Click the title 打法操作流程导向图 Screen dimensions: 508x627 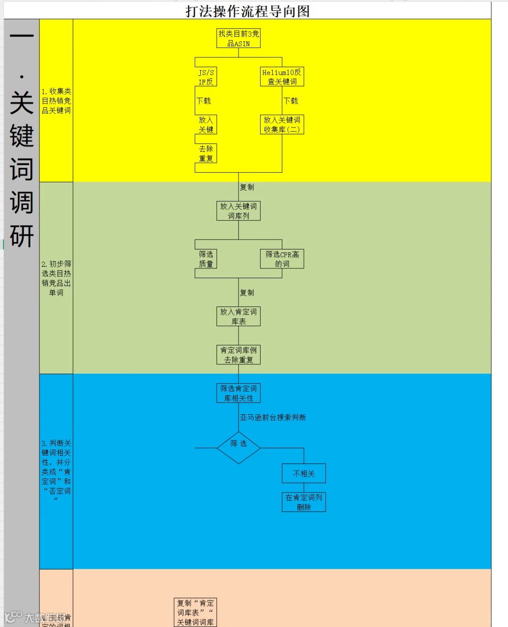click(x=247, y=11)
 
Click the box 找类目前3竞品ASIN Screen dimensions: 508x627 click(x=238, y=38)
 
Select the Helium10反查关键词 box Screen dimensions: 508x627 click(x=282, y=77)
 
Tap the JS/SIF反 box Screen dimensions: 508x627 click(x=206, y=77)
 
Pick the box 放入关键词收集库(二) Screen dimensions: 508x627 click(x=282, y=125)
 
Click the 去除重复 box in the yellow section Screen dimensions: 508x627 click(x=206, y=153)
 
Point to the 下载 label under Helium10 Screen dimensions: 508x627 click(x=291, y=101)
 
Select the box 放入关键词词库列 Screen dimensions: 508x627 click(x=238, y=211)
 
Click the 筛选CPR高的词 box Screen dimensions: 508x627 click(x=282, y=259)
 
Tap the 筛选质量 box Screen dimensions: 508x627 click(x=206, y=259)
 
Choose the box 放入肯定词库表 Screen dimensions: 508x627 click(x=238, y=316)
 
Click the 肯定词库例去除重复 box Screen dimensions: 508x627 click(x=238, y=355)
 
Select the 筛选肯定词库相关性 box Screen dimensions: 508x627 click(x=238, y=393)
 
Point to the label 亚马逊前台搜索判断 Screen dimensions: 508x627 click(x=273, y=418)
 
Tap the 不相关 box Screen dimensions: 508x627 click(x=304, y=474)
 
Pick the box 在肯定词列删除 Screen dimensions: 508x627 click(x=304, y=502)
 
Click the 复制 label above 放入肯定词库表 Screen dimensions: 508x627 click(x=247, y=293)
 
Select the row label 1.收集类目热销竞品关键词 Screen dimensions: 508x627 click(x=56, y=101)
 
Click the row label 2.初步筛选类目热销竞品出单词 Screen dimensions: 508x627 click(x=56, y=278)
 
